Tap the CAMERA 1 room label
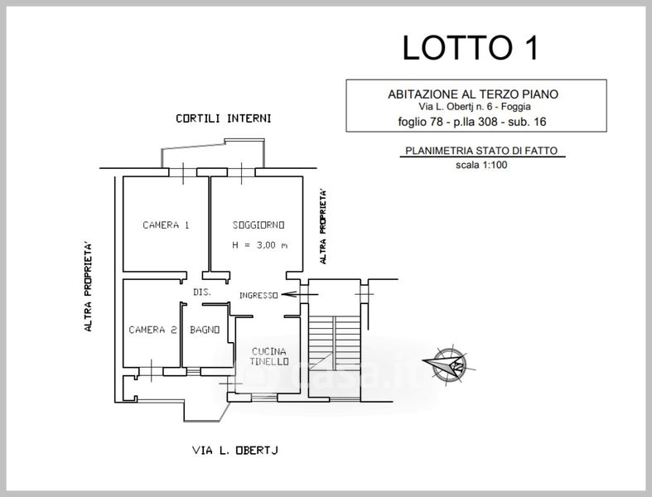166,225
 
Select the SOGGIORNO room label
258,225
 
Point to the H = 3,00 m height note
260,245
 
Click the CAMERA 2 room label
152,330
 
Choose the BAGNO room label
205,330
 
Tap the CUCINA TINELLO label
270,357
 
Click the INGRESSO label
258,296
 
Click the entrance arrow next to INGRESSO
291,293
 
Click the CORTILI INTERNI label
223,118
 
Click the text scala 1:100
481,165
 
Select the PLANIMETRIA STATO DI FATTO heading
481,152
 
